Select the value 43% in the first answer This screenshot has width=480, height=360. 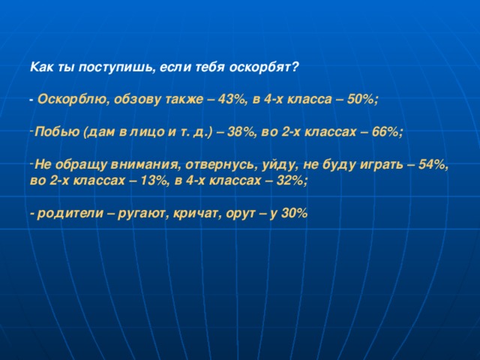(x=232, y=100)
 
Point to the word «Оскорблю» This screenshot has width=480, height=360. (x=72, y=100)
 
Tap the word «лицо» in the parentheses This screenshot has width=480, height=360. (x=147, y=132)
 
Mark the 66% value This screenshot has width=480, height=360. (x=385, y=132)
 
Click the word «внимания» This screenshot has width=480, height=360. (x=144, y=164)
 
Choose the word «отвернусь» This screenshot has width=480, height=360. (x=220, y=165)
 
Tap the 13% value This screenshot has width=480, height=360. (x=152, y=181)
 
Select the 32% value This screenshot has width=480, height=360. (x=290, y=181)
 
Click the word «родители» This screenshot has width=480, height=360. (x=70, y=213)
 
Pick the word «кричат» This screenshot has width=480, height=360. (x=196, y=213)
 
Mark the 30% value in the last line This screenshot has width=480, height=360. (x=294, y=213)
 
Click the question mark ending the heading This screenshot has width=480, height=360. (x=294, y=67)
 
